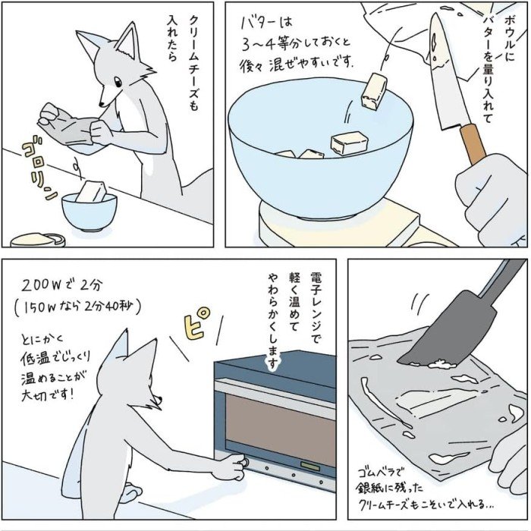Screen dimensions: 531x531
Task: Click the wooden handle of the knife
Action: [x=473, y=143]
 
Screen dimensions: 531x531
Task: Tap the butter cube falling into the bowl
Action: [x=374, y=92]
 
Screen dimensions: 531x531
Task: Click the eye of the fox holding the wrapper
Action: [x=118, y=82]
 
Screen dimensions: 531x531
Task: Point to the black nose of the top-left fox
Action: [x=101, y=105]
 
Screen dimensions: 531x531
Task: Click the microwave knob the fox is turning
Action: [x=244, y=462]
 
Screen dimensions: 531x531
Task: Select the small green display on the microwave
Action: [x=310, y=467]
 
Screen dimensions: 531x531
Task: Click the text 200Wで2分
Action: [x=62, y=286]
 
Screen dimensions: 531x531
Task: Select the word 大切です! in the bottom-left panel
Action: [x=47, y=395]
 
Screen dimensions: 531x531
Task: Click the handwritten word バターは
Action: [x=266, y=24]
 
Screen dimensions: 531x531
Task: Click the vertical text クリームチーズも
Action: [x=193, y=63]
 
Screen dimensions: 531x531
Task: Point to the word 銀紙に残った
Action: [x=389, y=488]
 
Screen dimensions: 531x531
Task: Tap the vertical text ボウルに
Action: [x=509, y=38]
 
